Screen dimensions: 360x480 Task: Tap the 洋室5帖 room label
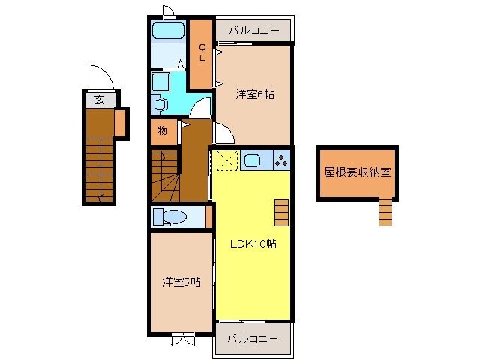(x=181, y=282)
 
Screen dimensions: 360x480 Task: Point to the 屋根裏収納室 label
(x=357, y=172)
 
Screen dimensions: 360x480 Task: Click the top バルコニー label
(x=253, y=31)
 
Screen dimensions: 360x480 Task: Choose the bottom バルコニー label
(x=253, y=339)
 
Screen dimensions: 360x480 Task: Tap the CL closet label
(x=202, y=53)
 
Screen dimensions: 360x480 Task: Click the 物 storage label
(x=162, y=131)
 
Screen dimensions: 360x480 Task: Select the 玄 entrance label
(x=98, y=99)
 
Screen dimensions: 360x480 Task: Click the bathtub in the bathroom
(x=169, y=31)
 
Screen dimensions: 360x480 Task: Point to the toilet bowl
(x=172, y=217)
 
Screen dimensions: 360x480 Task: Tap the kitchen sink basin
(x=252, y=160)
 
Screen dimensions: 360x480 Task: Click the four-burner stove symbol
(x=281, y=160)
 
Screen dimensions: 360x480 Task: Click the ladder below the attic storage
(x=385, y=212)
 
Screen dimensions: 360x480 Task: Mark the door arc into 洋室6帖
(x=223, y=134)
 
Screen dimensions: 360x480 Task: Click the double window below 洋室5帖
(x=181, y=340)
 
